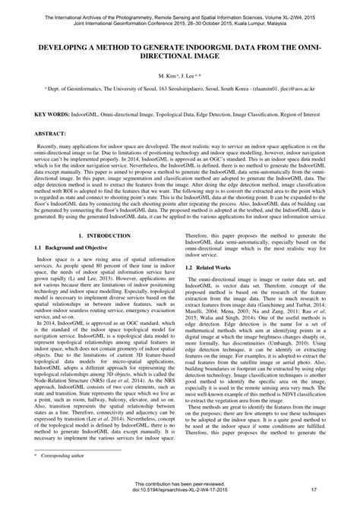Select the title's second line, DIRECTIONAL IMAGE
pyautogui.click(x=180, y=56)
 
